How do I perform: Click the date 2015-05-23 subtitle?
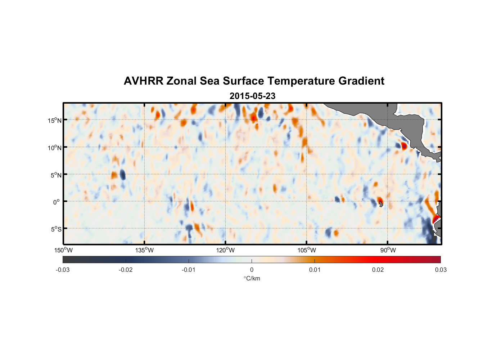[252, 96]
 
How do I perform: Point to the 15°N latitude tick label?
[55, 120]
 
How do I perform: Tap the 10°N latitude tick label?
[55, 148]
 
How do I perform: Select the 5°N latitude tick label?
[56, 175]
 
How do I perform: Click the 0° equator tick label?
[57, 202]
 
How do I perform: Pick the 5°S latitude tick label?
[56, 229]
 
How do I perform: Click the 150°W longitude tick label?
[63, 250]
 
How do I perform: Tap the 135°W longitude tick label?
[144, 250]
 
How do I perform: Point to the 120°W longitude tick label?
[225, 250]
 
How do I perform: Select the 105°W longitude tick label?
[307, 250]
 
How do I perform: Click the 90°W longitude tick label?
[388, 250]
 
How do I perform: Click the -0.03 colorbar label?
[63, 270]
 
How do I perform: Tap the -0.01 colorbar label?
[189, 270]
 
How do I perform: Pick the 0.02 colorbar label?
[378, 270]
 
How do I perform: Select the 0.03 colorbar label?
[440, 270]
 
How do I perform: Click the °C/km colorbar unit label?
[252, 278]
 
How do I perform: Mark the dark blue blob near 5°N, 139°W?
[123, 175]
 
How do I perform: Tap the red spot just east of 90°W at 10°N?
[404, 146]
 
